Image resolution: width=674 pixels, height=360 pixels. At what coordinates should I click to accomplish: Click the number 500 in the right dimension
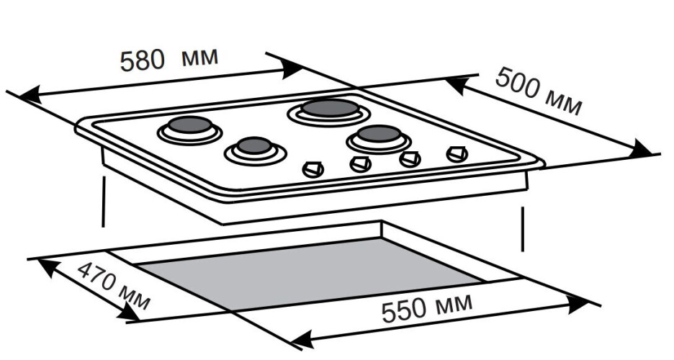(x=516, y=81)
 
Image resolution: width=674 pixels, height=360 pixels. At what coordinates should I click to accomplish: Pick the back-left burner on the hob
(x=190, y=126)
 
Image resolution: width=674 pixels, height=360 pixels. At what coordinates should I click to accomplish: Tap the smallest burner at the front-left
(x=254, y=148)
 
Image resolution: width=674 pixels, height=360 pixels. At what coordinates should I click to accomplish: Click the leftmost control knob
(x=313, y=169)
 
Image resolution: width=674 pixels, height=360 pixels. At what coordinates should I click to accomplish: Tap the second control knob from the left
(x=360, y=164)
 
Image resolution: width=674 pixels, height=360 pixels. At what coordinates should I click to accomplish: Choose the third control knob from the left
(x=410, y=159)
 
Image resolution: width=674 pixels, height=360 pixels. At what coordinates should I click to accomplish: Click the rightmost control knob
(x=456, y=154)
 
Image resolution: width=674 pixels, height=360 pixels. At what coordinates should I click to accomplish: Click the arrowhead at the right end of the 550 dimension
(x=579, y=305)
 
